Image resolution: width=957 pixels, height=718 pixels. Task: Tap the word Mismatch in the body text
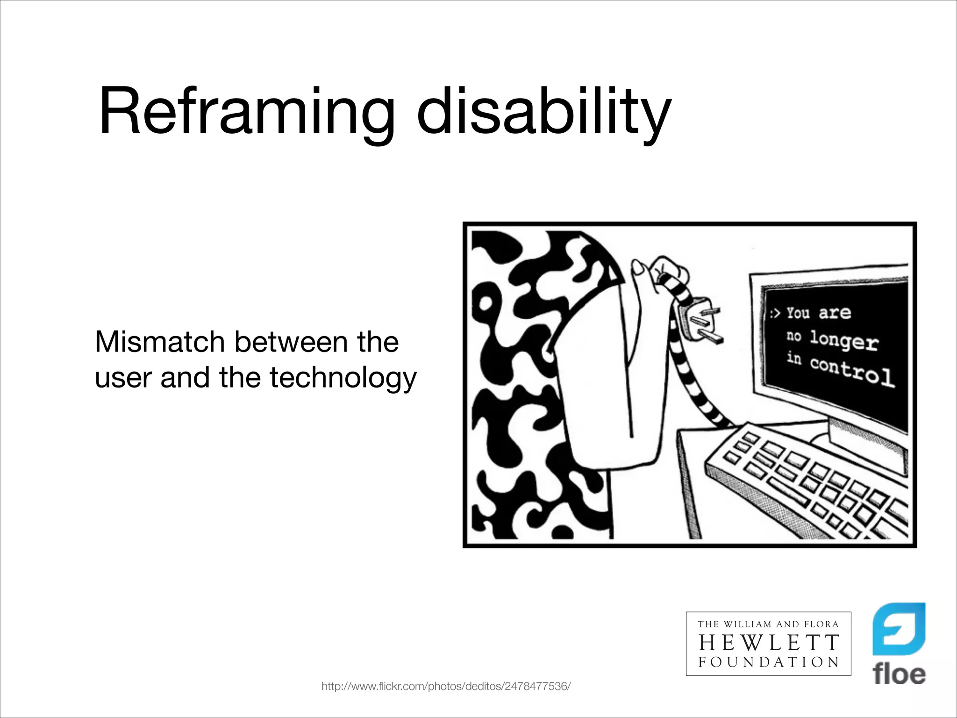click(160, 342)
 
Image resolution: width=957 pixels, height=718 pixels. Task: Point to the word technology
click(343, 379)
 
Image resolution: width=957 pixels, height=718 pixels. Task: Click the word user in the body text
click(123, 379)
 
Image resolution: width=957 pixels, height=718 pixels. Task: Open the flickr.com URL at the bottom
click(446, 686)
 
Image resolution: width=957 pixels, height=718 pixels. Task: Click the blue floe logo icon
click(899, 629)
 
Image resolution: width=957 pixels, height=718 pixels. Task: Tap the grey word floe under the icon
click(899, 675)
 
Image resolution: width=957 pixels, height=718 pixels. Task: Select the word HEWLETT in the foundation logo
click(769, 643)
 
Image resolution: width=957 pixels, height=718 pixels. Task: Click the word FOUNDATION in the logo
click(769, 662)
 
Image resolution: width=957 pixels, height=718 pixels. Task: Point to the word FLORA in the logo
click(821, 624)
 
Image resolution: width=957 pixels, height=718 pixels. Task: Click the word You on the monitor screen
click(798, 312)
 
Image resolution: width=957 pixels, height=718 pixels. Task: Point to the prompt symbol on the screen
click(775, 313)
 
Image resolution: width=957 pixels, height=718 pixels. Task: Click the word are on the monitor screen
click(835, 313)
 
